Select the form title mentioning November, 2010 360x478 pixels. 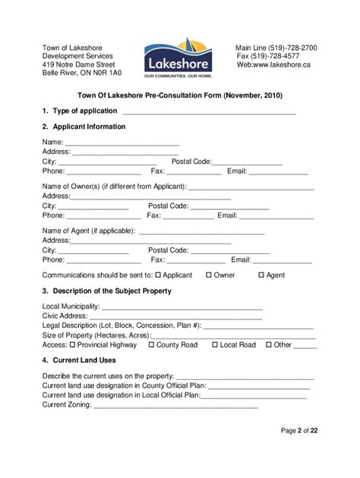coord(179,96)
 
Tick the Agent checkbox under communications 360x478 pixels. coord(261,275)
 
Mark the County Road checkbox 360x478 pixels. coord(151,344)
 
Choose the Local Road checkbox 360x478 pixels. coord(215,344)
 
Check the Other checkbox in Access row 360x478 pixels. coord(269,344)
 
